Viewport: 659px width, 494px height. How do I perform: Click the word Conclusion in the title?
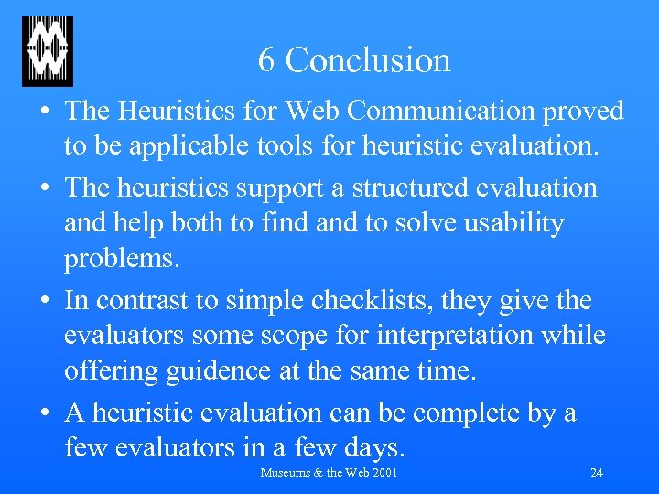tap(368, 60)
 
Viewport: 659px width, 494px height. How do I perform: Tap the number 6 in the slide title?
tap(266, 60)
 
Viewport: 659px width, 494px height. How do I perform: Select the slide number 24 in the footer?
tap(596, 473)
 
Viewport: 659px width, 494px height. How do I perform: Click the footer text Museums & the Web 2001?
tap(329, 473)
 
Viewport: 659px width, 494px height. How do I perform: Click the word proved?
tap(584, 112)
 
